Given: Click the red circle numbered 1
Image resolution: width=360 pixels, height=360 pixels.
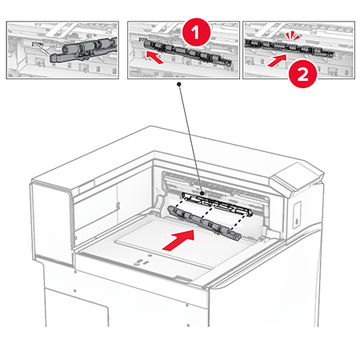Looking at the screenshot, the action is [x=196, y=33].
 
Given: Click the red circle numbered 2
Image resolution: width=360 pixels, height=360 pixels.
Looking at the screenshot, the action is [x=302, y=74].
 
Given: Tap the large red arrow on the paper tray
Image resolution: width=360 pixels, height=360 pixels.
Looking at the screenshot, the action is [x=179, y=240].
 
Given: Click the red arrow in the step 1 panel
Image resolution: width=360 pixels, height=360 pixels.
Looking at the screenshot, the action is [x=155, y=58].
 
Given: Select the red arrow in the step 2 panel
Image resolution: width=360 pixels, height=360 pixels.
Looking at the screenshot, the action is [x=277, y=61].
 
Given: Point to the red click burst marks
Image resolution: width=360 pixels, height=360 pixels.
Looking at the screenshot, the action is [x=293, y=35].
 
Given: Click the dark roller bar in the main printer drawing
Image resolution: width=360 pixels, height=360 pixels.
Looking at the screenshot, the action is [x=204, y=222].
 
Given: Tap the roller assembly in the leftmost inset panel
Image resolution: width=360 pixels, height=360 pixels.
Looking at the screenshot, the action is [x=83, y=50].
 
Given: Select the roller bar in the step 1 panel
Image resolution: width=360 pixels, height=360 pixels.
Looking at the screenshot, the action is [x=187, y=52].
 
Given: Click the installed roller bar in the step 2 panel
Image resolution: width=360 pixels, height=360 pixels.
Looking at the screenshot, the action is [x=290, y=47].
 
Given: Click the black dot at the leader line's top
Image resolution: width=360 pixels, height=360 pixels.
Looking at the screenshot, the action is [x=179, y=84].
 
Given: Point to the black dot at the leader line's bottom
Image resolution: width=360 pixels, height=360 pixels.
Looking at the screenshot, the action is [x=202, y=193].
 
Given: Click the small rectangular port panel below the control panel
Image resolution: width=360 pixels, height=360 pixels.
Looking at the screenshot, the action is [x=297, y=214].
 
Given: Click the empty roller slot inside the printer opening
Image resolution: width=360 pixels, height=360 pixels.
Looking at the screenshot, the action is [x=217, y=203].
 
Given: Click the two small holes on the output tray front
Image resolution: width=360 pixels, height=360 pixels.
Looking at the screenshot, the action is [x=142, y=261].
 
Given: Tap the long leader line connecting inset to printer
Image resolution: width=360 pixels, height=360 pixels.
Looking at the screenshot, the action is [x=190, y=138].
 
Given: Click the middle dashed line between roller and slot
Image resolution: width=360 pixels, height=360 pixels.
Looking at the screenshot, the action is [x=207, y=212].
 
